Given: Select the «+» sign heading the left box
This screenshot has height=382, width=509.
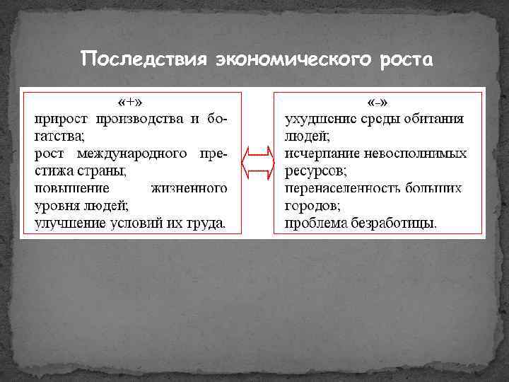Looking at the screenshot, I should (x=130, y=100).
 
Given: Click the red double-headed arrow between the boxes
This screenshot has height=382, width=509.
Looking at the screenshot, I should (x=257, y=163).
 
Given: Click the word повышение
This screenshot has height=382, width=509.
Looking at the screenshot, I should (x=71, y=189).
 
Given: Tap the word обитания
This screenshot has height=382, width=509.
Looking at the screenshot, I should (x=433, y=118).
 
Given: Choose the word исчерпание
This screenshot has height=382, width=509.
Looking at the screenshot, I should (x=320, y=154).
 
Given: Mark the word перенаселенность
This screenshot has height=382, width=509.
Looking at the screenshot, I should (x=337, y=189).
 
